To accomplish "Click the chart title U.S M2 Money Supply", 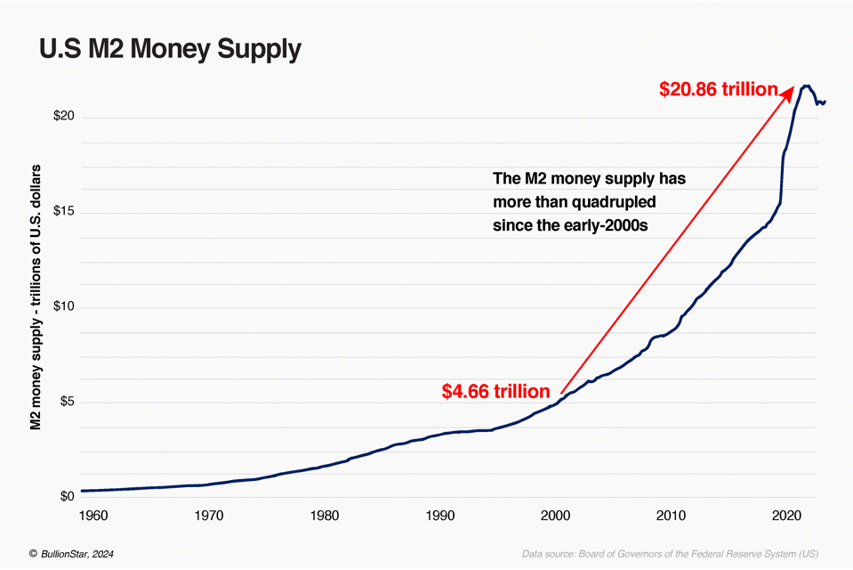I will pyautogui.click(x=170, y=49).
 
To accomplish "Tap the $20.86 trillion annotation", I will pyautogui.click(x=718, y=89).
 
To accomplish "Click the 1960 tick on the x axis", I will pyautogui.click(x=93, y=515).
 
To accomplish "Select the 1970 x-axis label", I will pyautogui.click(x=209, y=515).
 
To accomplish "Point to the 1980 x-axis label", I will pyautogui.click(x=325, y=515).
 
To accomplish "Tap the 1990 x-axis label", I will pyautogui.click(x=440, y=515).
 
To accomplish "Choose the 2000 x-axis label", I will pyautogui.click(x=556, y=515).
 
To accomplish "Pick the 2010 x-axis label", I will pyautogui.click(x=672, y=515).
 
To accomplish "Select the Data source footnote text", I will pyautogui.click(x=670, y=554).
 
